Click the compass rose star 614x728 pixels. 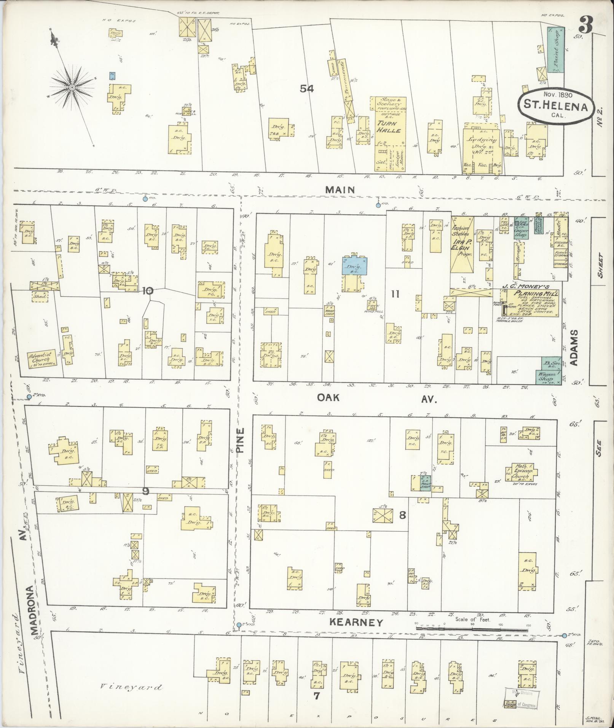71,88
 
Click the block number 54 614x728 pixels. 306,89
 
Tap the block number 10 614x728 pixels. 148,291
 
